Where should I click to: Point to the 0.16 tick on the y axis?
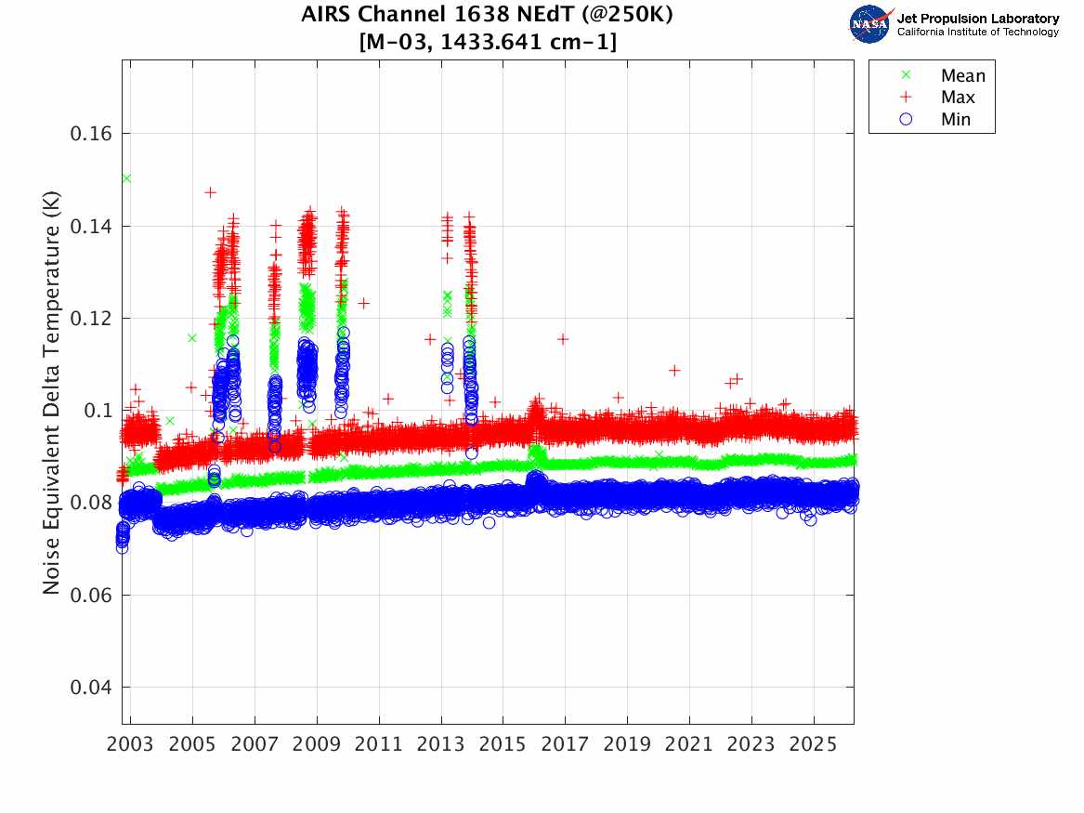coord(91,134)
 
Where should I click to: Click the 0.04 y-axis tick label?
coord(91,688)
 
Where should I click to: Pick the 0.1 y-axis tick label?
coord(98,411)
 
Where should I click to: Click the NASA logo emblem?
coord(869,24)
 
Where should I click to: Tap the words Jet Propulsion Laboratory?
coord(977,19)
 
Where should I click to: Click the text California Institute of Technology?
coord(977,33)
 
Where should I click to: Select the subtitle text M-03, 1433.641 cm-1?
coord(487,42)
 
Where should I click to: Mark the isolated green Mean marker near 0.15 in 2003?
coord(126,178)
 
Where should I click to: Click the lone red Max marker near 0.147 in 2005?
coord(210,192)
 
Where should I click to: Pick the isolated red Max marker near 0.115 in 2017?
coord(563,339)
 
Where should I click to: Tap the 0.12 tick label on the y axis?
coord(91,319)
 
